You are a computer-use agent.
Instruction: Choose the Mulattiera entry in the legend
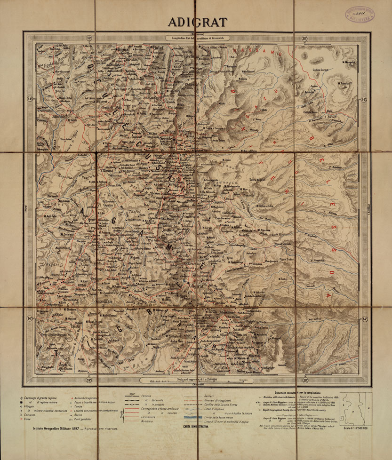[148, 421]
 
